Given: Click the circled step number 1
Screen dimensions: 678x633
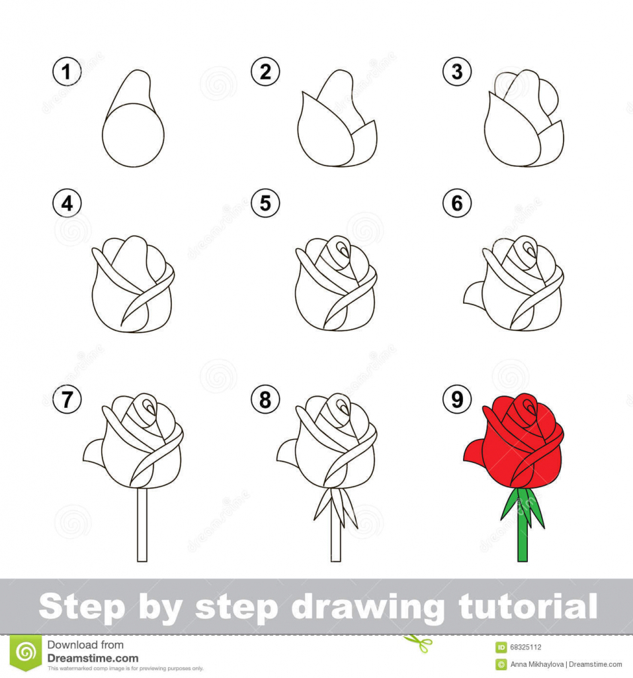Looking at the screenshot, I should tap(67, 72).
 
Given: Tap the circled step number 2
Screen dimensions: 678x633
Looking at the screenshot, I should tap(265, 72).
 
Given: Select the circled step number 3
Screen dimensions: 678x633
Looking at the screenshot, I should tap(457, 72).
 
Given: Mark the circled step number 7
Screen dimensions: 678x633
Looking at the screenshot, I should tap(67, 399).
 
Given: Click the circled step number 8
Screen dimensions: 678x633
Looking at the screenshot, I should tap(265, 399).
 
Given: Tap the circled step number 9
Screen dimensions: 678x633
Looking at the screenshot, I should tap(457, 399).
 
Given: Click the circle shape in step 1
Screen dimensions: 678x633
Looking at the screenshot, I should tap(133, 136).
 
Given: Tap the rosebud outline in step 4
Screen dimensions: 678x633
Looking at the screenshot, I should tap(132, 285).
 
